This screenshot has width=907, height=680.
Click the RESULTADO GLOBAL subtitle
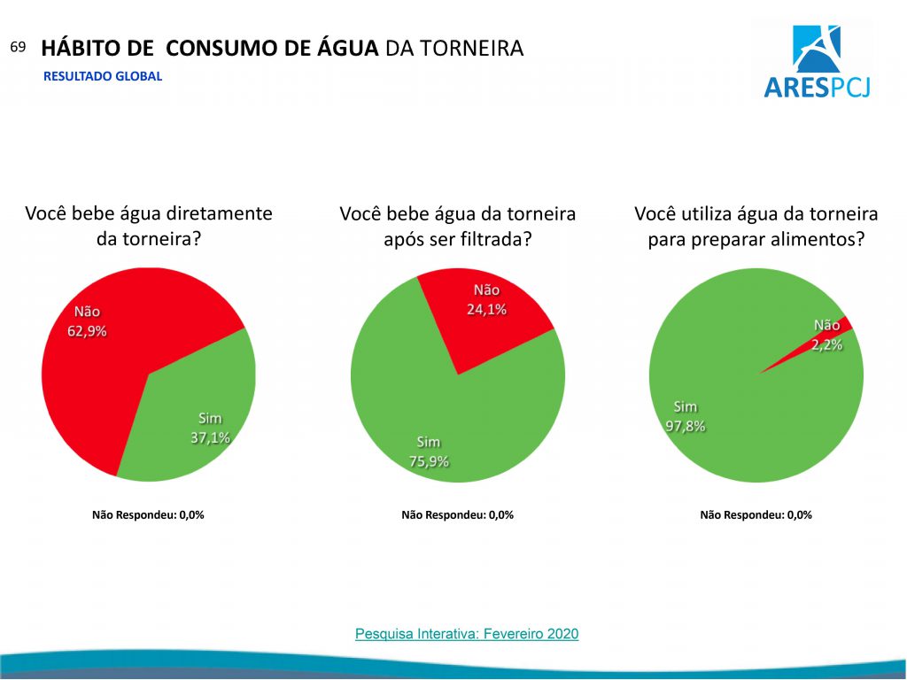coord(103,76)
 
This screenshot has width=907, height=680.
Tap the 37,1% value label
coord(210,437)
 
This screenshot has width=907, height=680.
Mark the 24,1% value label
coord(486,310)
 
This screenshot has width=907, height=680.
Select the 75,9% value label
coord(428,461)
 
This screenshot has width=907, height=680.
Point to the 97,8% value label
coord(686,426)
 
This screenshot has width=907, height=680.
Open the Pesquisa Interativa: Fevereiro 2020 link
coord(467,634)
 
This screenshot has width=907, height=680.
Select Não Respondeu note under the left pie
coord(148,514)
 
